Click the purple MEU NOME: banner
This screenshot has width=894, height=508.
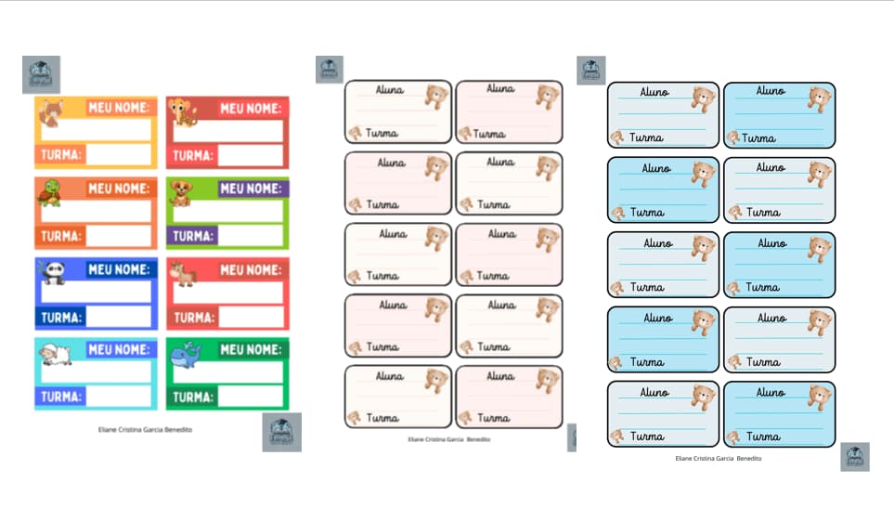coord(253,189)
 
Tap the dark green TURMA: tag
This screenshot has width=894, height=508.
coord(193,397)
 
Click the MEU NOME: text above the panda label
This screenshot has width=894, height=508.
coord(118,269)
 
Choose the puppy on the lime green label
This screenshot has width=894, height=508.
coord(181,193)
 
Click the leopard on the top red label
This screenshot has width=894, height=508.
coord(182,112)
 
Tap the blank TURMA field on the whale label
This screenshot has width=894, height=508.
coord(251,397)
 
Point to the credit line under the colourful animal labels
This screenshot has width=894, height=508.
coord(145,430)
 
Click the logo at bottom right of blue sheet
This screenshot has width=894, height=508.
coord(854,456)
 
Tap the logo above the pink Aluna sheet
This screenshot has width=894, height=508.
coord(329,70)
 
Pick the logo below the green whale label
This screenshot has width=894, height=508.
coord(281,432)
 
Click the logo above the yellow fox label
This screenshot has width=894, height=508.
coord(41,74)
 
